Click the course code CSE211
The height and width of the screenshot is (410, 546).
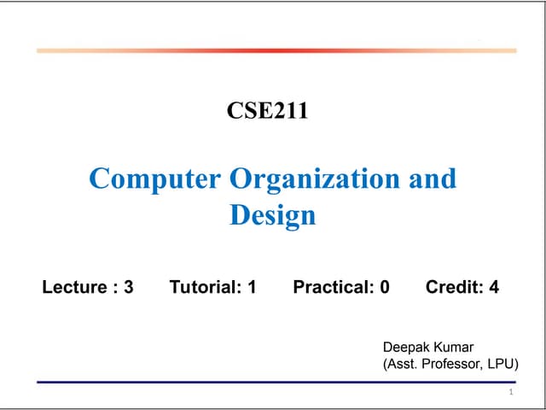pyautogui.click(x=267, y=110)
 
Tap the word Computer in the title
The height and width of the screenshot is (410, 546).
pyautogui.click(x=157, y=179)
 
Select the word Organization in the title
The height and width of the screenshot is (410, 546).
pyautogui.click(x=314, y=179)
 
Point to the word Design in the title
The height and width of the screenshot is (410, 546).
pyautogui.click(x=272, y=214)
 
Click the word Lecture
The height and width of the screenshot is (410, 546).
pyautogui.click(x=75, y=287)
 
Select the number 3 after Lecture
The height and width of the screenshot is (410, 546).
pyautogui.click(x=128, y=287)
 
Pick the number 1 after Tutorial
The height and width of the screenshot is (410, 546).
pyautogui.click(x=252, y=287)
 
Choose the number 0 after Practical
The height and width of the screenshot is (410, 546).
pyautogui.click(x=385, y=287)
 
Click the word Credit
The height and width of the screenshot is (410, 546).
pyautogui.click(x=454, y=287)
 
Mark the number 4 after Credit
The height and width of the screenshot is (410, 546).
pyautogui.click(x=494, y=287)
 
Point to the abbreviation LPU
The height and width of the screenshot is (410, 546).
pyautogui.click(x=503, y=364)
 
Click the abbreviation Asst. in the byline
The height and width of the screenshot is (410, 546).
pyautogui.click(x=402, y=364)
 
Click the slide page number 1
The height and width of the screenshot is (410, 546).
pyautogui.click(x=509, y=393)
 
